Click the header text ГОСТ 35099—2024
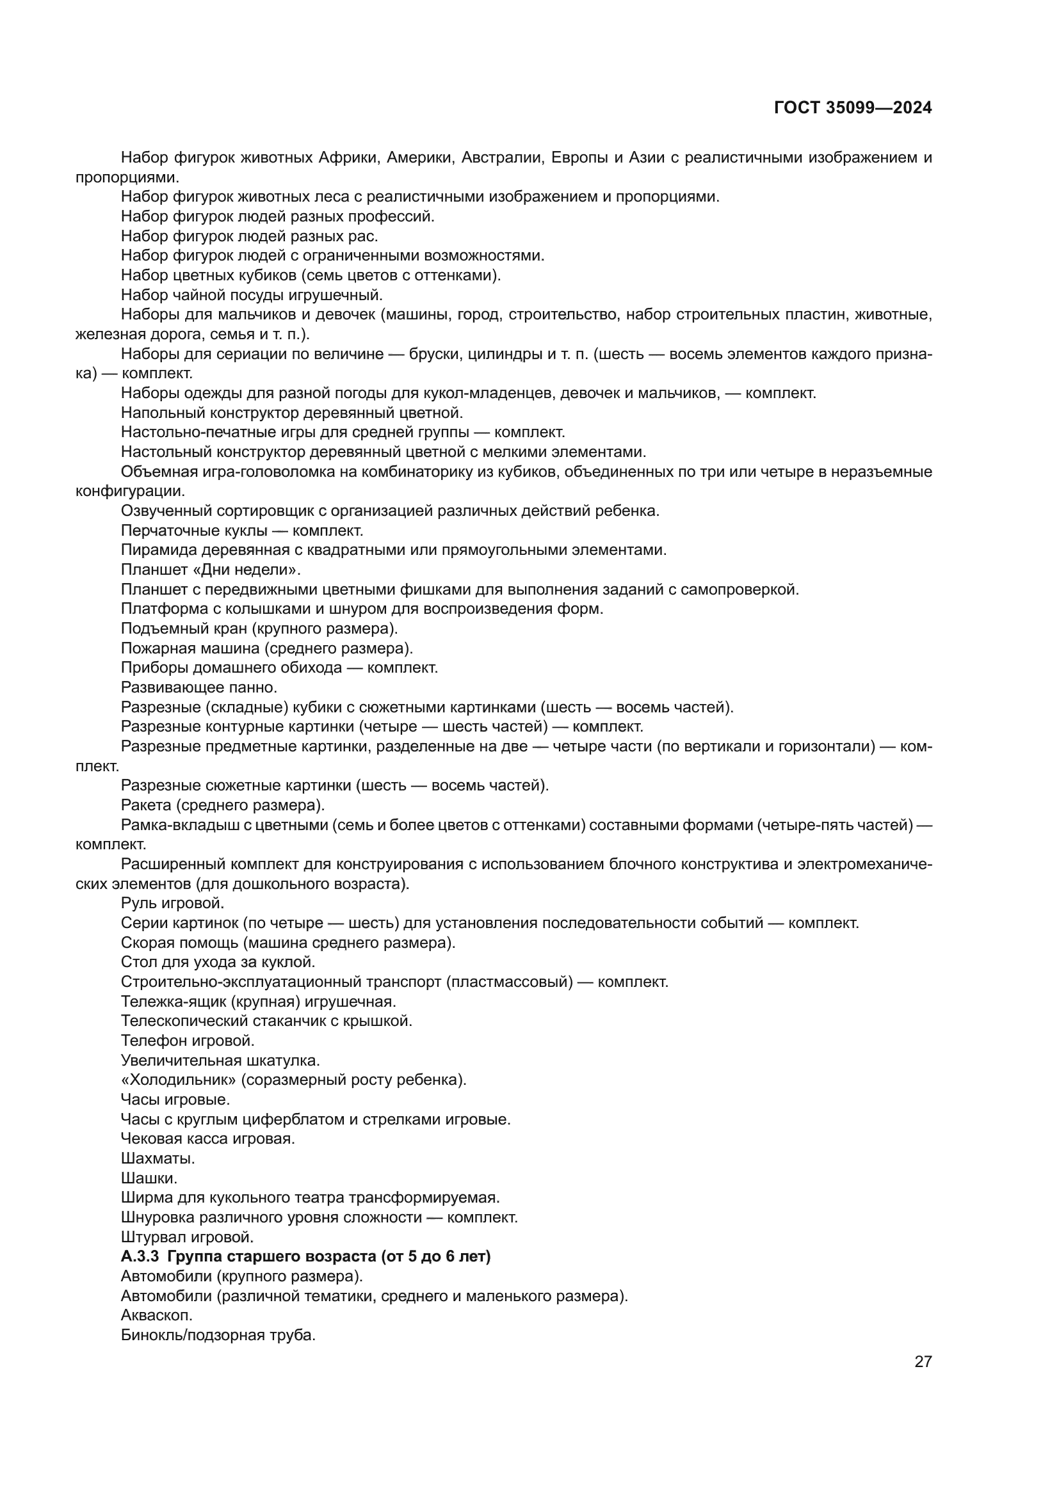pyautogui.click(x=852, y=108)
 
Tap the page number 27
pyautogui.click(x=923, y=1362)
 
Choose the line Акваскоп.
pyautogui.click(x=156, y=1316)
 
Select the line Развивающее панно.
pyautogui.click(x=199, y=688)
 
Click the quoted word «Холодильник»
pyautogui.click(x=178, y=1080)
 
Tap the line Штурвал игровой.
pyautogui.click(x=187, y=1237)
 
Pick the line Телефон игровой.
pyautogui.click(x=187, y=1041)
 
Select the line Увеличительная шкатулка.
pyautogui.click(x=220, y=1061)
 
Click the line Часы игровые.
pyautogui.click(x=175, y=1100)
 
